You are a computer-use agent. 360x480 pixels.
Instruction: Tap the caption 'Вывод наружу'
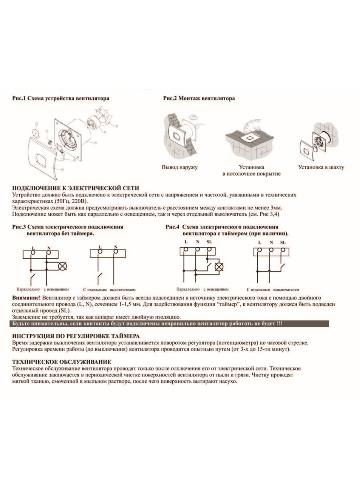point(180,167)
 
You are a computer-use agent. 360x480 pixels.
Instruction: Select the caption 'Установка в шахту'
point(321,167)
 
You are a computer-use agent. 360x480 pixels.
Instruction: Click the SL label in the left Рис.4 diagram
point(209,242)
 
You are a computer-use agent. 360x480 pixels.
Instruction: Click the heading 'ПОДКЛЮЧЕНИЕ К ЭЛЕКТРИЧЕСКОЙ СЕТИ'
point(76,188)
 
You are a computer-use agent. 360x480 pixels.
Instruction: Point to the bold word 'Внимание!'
point(26,298)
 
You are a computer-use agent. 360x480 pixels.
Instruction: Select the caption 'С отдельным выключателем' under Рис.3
point(110,289)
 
